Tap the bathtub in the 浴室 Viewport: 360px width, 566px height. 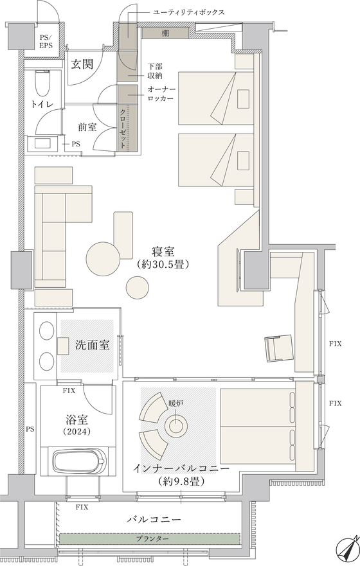tap(80, 463)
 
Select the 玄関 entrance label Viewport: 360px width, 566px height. tap(82, 64)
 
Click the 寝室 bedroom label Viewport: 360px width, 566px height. tap(163, 251)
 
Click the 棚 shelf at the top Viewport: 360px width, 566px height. tap(165, 33)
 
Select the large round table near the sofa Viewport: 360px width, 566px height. tap(104, 258)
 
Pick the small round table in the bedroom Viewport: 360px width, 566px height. tap(138, 287)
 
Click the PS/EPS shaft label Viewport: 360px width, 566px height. tap(46, 41)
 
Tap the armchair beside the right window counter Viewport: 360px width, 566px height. tap(278, 348)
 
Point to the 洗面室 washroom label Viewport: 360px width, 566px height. tap(93, 345)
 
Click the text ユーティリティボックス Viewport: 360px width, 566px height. tap(188, 12)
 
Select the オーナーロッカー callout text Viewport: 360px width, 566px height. tap(161, 94)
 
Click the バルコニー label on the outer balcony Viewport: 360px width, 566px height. tap(154, 520)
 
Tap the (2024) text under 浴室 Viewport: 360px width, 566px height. tap(76, 431)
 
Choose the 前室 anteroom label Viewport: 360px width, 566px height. tap(87, 127)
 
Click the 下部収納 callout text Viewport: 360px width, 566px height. tap(155, 71)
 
